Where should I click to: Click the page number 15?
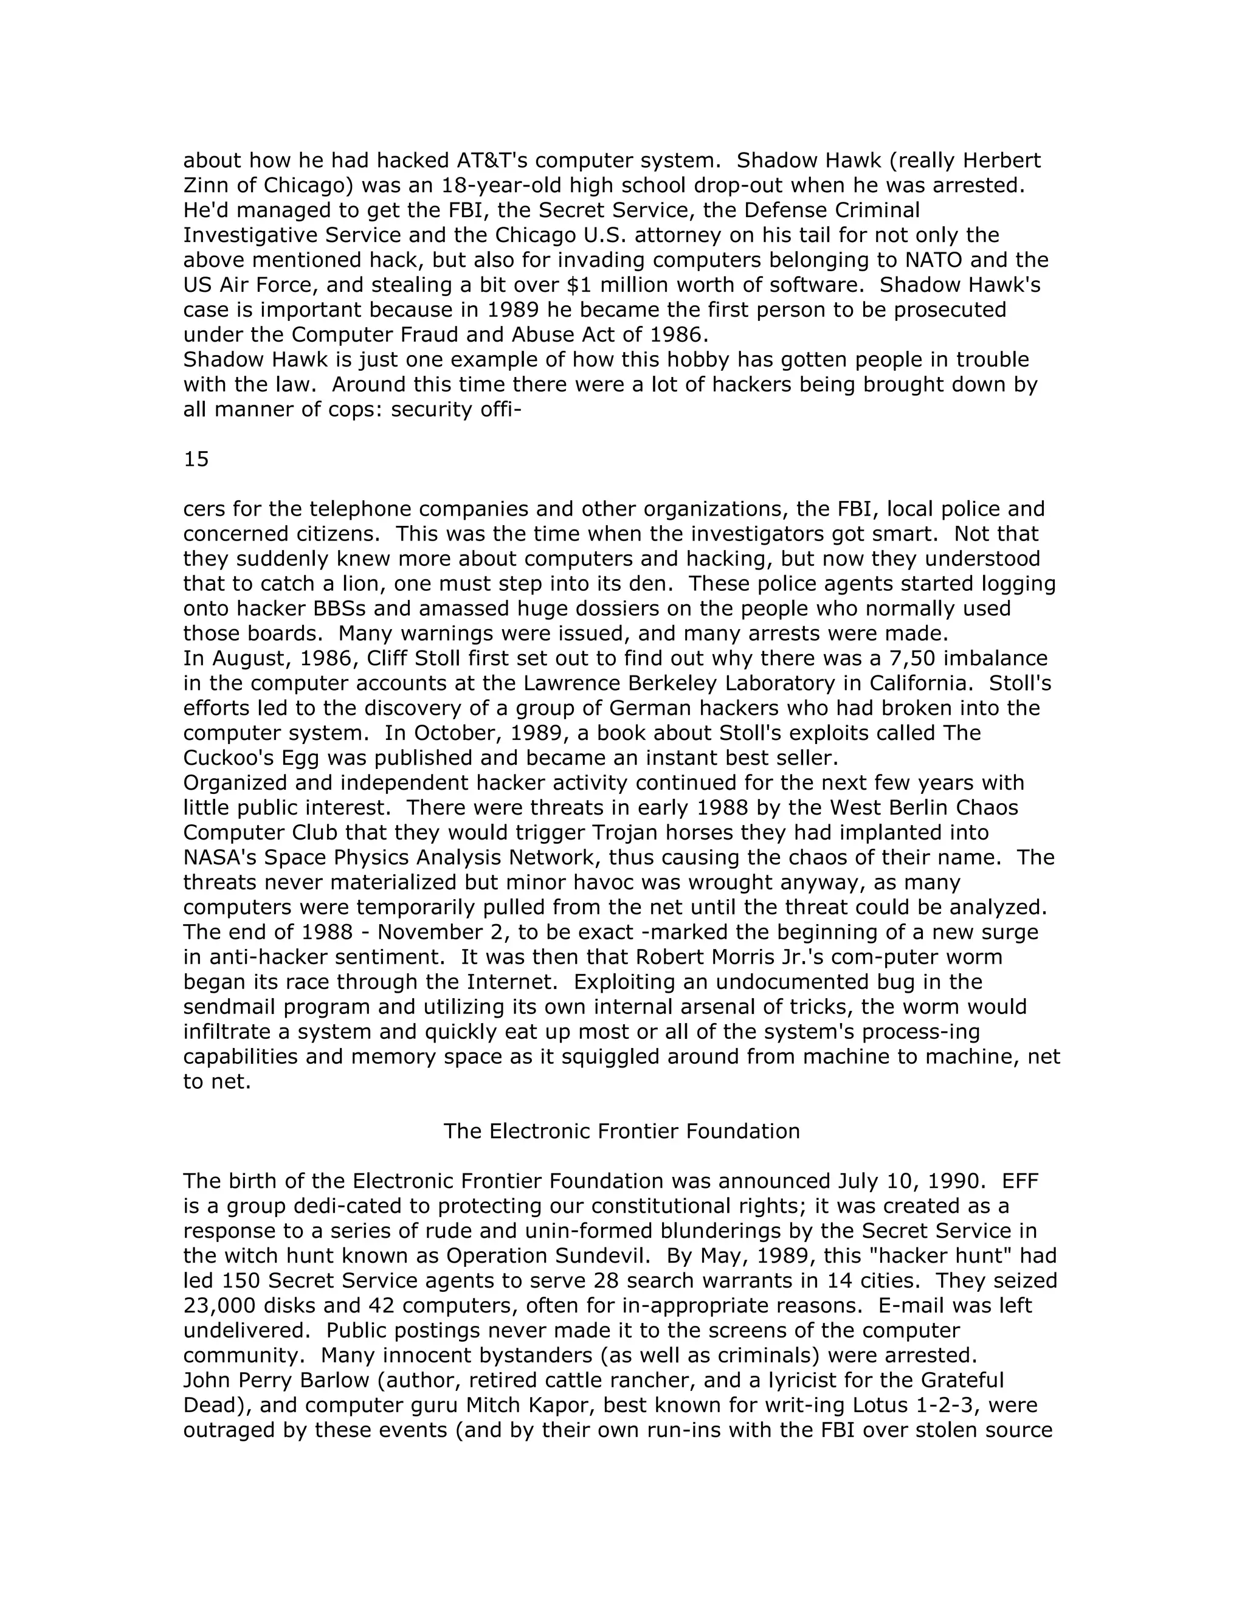click(196, 460)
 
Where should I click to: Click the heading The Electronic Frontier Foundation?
click(621, 1131)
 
